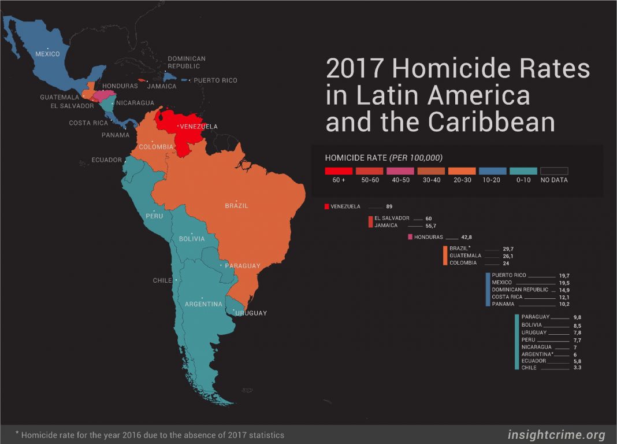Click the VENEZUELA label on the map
click(x=199, y=126)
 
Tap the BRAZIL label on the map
click(x=237, y=206)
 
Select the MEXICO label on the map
click(x=47, y=54)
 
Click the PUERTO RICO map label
click(x=215, y=80)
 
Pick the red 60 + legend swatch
click(x=339, y=171)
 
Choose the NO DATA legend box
click(x=554, y=171)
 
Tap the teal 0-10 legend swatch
click(x=523, y=171)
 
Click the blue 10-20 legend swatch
click(x=493, y=171)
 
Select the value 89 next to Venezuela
click(x=389, y=206)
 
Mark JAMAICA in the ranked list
click(x=386, y=225)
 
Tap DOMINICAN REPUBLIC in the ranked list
click(x=519, y=290)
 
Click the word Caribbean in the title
click(x=492, y=122)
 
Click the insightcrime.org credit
click(x=556, y=435)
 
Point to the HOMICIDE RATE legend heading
click(x=356, y=157)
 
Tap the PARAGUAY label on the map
click(x=243, y=266)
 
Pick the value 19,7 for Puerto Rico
click(x=564, y=276)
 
